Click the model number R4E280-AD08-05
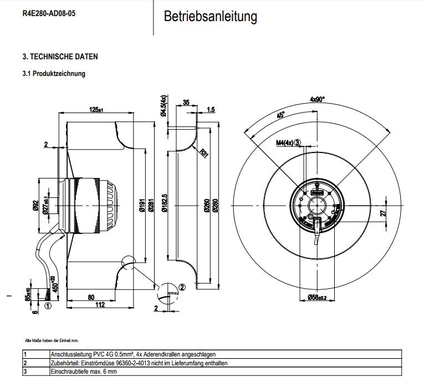pyautogui.click(x=49, y=13)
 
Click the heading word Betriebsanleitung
pyautogui.click(x=210, y=17)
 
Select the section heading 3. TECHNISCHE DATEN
pyautogui.click(x=60, y=57)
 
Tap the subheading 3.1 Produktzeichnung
pyautogui.click(x=54, y=73)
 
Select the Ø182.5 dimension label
pyautogui.click(x=165, y=203)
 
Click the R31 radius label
pyautogui.click(x=204, y=152)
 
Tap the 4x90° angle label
pyautogui.click(x=318, y=99)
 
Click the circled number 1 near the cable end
pyautogui.click(x=48, y=305)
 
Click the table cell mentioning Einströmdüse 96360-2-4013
pyautogui.click(x=139, y=363)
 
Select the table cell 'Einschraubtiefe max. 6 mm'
pyautogui.click(x=84, y=371)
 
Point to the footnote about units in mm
pyautogui.click(x=52, y=340)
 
